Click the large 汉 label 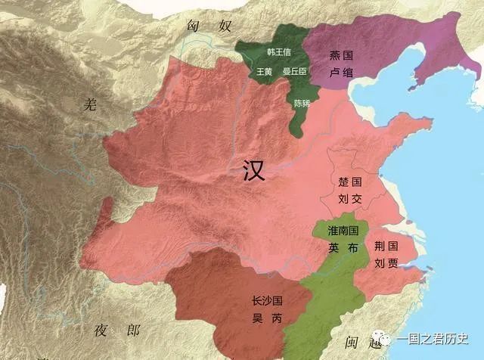pos(255,169)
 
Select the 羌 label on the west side pos(92,105)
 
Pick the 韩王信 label pos(278,52)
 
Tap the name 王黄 pos(264,71)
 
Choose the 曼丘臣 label pos(294,71)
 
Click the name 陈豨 pos(301,103)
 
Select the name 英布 pos(343,246)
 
